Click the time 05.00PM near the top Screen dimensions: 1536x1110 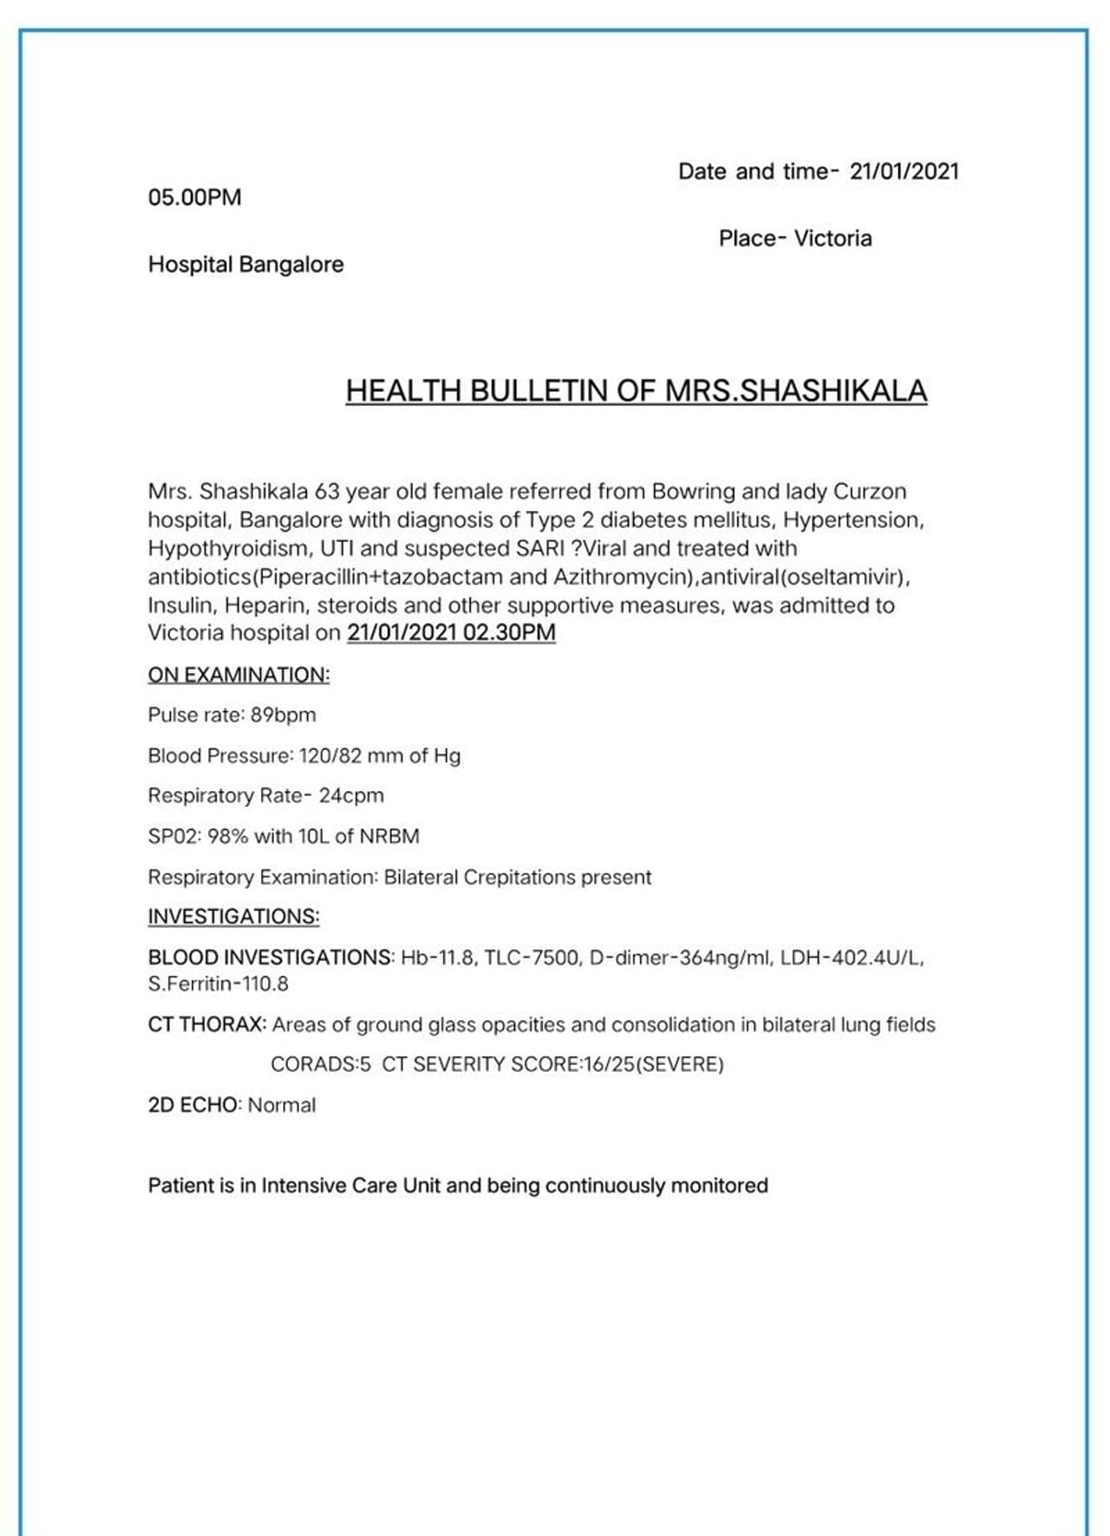pos(194,198)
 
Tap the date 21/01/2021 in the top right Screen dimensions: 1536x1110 pos(904,172)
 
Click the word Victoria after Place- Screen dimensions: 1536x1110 pos(832,239)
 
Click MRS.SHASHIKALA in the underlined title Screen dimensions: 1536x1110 pos(795,391)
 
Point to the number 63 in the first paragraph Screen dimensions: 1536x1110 pos(327,492)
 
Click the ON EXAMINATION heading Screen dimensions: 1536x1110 pos(238,675)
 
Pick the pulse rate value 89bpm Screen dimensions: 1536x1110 pos(284,716)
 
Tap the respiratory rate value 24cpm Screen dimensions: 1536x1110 pos(351,796)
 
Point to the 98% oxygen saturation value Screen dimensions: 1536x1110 pos(227,837)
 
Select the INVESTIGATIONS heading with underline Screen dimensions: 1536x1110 pos(233,917)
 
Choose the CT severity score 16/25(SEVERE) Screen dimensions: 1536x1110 pos(654,1065)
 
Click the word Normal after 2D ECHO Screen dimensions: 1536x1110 pos(282,1106)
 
